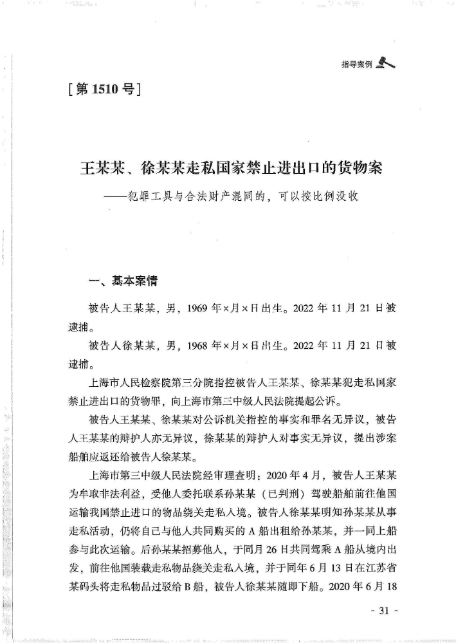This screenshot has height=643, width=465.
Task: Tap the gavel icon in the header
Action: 386,62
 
